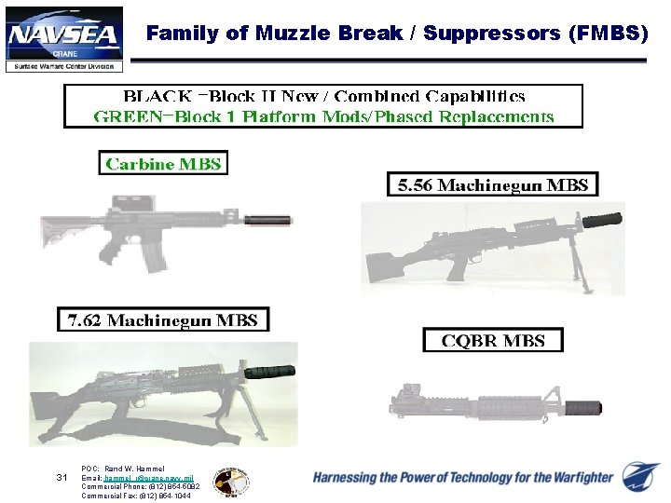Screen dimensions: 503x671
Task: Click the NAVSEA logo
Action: pos(64,38)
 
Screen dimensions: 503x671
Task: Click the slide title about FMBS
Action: pos(397,34)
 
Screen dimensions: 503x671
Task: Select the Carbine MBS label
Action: pos(163,164)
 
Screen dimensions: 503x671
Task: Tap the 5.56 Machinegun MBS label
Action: pos(493,184)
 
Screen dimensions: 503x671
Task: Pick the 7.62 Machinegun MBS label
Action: pos(163,320)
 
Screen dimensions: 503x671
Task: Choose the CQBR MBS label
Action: pos(493,340)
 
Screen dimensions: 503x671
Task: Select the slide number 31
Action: pos(62,478)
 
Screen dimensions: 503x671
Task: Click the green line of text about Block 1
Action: pos(323,116)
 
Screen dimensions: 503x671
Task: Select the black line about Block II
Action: pos(323,96)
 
